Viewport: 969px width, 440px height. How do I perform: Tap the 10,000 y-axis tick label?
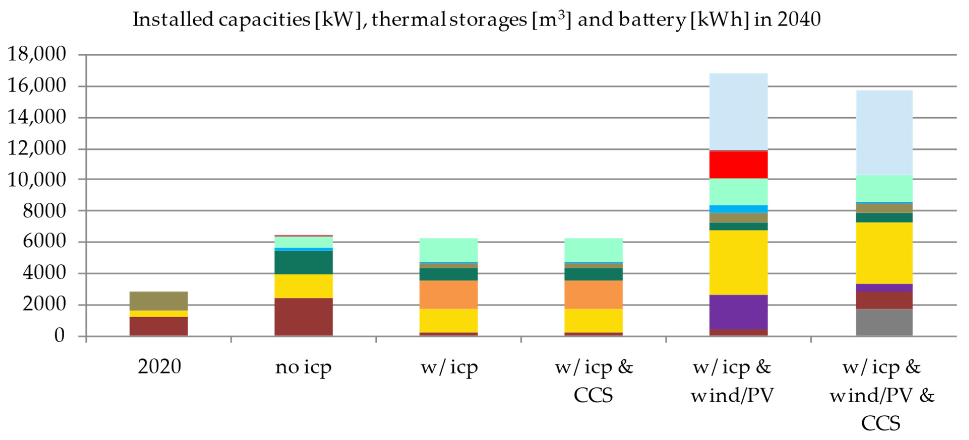point(37,180)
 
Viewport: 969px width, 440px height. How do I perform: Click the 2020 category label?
point(159,366)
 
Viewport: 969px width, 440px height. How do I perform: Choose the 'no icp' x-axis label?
point(303,367)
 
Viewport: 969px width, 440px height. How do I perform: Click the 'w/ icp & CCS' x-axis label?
point(594,380)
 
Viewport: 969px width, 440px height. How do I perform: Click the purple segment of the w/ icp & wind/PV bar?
point(738,312)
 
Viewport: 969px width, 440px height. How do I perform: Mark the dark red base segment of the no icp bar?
point(303,316)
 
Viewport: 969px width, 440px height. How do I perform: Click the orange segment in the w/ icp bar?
point(448,295)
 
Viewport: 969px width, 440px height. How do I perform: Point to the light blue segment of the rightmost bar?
point(884,133)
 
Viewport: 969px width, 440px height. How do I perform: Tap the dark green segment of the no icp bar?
point(303,262)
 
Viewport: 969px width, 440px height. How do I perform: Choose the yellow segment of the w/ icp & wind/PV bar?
point(738,262)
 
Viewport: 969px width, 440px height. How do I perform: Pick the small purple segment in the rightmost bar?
point(884,288)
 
